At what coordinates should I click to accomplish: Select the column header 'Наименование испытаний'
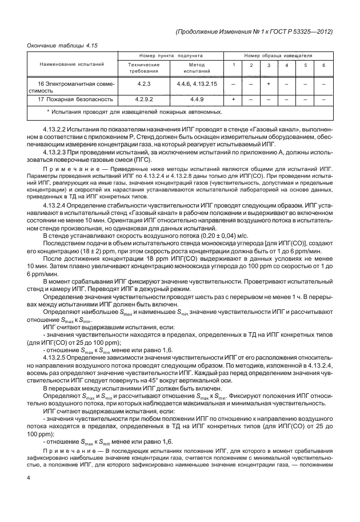coord(70,65)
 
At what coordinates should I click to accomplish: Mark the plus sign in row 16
coord(269,84)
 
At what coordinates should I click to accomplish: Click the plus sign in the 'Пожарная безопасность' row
coord(233,100)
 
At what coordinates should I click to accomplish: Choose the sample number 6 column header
coord(323,65)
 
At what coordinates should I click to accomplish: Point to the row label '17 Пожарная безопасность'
coord(71,100)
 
